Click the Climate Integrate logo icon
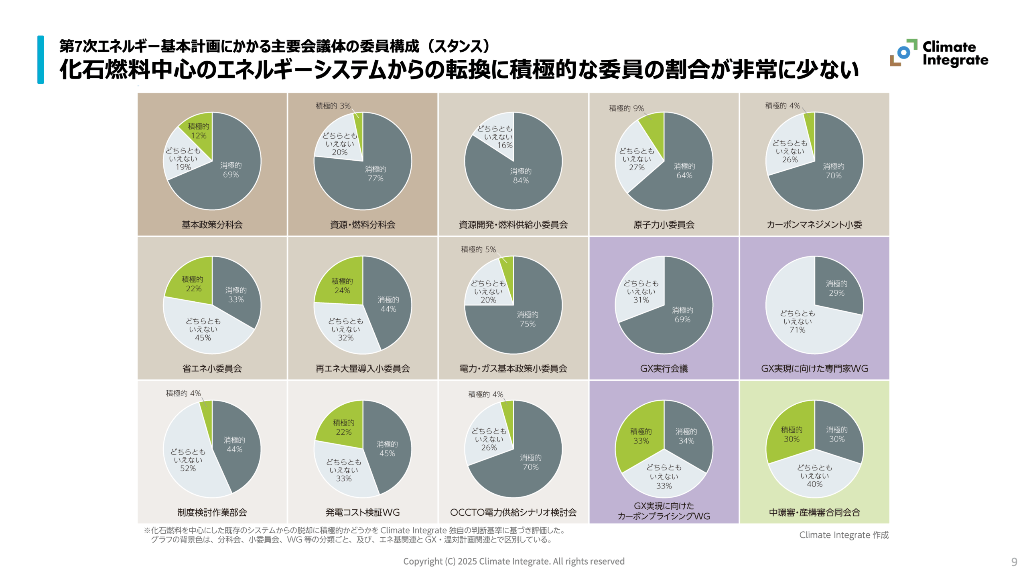click(903, 53)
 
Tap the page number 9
click(1014, 562)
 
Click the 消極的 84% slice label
click(520, 176)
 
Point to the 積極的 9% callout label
click(626, 108)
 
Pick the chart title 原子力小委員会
click(664, 225)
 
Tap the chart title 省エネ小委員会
click(212, 369)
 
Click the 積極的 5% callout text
click(478, 249)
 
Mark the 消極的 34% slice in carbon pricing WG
click(686, 436)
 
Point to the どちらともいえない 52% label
click(188, 460)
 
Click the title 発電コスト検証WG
click(362, 512)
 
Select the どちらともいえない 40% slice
click(814, 476)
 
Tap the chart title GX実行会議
click(664, 369)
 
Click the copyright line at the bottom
click(513, 561)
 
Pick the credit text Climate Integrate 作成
click(844, 535)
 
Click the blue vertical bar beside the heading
click(41, 60)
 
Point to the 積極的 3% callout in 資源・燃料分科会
click(333, 106)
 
